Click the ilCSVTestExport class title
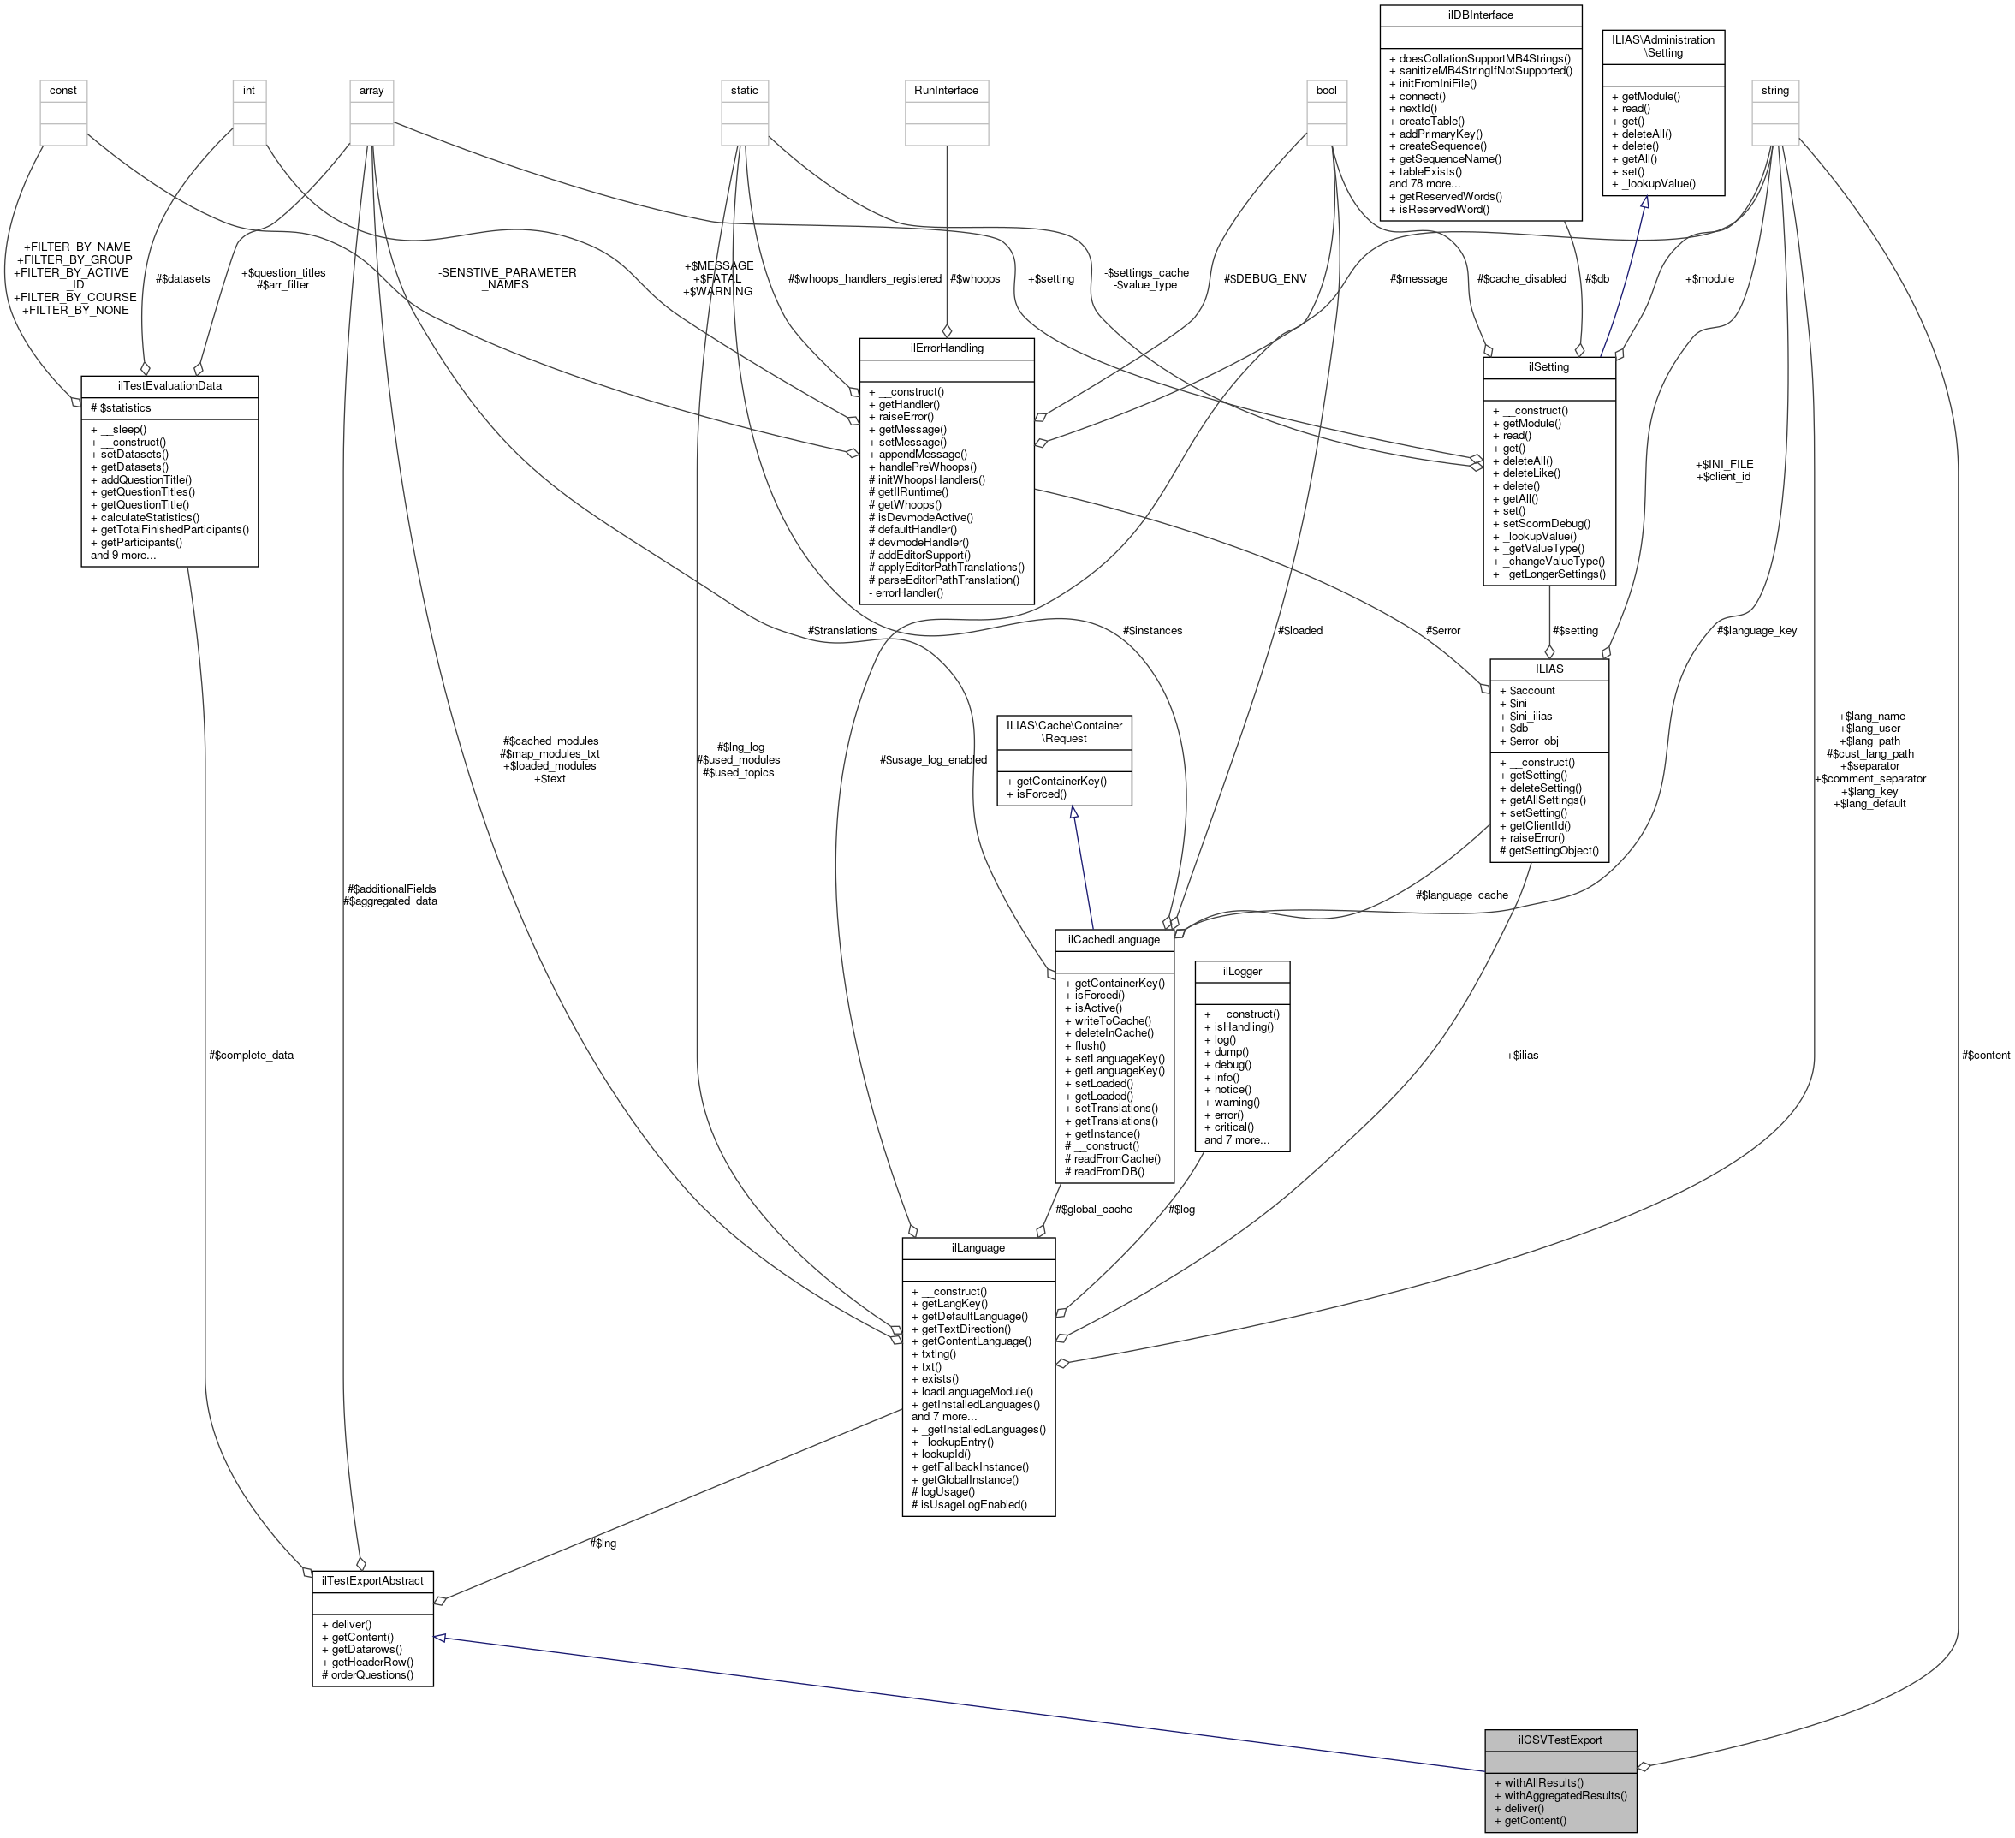1560,1740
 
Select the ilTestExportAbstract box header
371,1581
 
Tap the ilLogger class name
1241,971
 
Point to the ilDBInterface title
1479,15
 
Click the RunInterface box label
946,90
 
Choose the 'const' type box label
63,90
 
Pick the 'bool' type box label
1325,90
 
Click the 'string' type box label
1774,90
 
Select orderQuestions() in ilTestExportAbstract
367,1674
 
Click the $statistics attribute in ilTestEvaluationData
125,407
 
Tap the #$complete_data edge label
251,1055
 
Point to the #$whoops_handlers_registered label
865,279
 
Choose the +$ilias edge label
1521,1055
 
